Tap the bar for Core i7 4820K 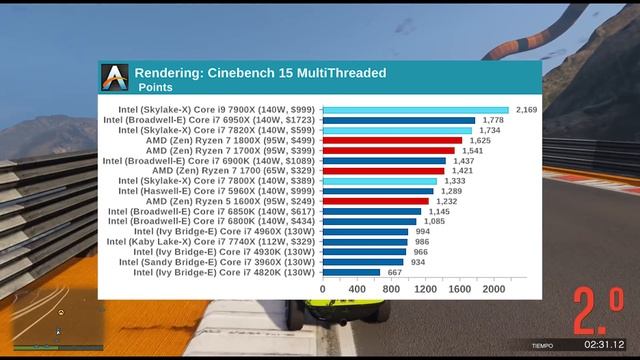coord(351,272)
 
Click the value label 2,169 coord(527,109)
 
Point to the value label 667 coord(396,272)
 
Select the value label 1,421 coord(462,170)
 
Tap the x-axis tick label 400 coord(357,289)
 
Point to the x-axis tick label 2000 coord(494,289)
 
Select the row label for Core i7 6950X coord(208,119)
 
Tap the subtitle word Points coord(155,87)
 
